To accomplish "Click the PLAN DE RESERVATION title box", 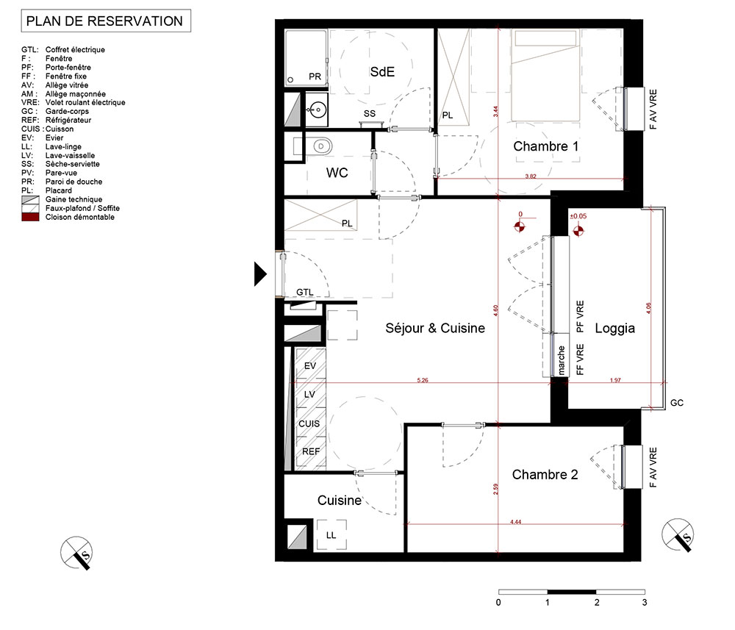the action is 106,21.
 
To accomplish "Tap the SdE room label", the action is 382,72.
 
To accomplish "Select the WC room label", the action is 337,173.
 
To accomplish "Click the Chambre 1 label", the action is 545,146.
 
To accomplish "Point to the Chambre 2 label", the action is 545,474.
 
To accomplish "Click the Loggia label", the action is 614,328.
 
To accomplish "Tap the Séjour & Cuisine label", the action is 435,328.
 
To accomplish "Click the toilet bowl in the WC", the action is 322,146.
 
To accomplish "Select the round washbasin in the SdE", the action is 318,110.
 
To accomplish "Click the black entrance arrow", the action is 260,273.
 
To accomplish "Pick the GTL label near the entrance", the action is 305,292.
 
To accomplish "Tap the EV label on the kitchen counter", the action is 310,365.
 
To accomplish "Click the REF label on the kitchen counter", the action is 311,451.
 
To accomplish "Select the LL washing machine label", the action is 331,535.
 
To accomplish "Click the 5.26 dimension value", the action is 423,380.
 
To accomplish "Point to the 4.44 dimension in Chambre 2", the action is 516,522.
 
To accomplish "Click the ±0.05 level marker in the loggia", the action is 578,216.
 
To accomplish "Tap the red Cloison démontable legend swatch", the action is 30,217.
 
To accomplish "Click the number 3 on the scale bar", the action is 645,602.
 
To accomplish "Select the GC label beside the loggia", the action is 677,403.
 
